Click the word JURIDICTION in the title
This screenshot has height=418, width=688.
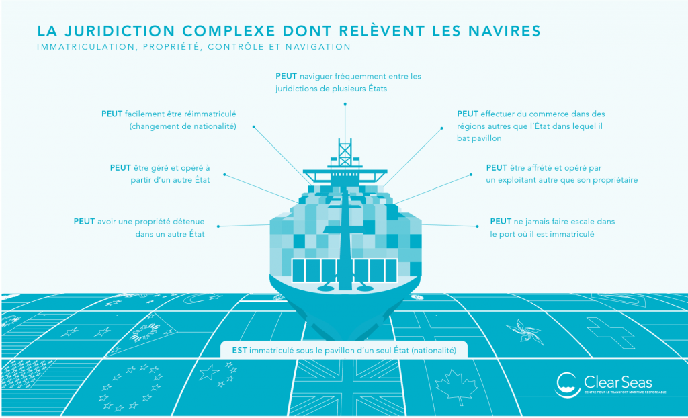pyautogui.click(x=120, y=31)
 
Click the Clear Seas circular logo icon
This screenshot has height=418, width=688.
pyautogui.click(x=566, y=384)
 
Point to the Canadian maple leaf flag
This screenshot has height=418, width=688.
pyautogui.click(x=456, y=386)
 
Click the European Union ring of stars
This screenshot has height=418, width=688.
pyautogui.click(x=131, y=387)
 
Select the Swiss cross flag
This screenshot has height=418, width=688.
pyautogui.click(x=610, y=332)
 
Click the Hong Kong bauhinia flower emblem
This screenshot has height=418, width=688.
pyautogui.click(x=523, y=331)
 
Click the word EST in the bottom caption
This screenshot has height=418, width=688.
pyautogui.click(x=240, y=350)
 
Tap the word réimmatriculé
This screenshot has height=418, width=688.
pyautogui.click(x=210, y=114)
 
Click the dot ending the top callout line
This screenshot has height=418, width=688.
pyautogui.click(x=345, y=104)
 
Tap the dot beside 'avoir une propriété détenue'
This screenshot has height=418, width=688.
pyautogui.click(x=218, y=226)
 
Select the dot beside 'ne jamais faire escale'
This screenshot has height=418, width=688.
pyautogui.click(x=478, y=226)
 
